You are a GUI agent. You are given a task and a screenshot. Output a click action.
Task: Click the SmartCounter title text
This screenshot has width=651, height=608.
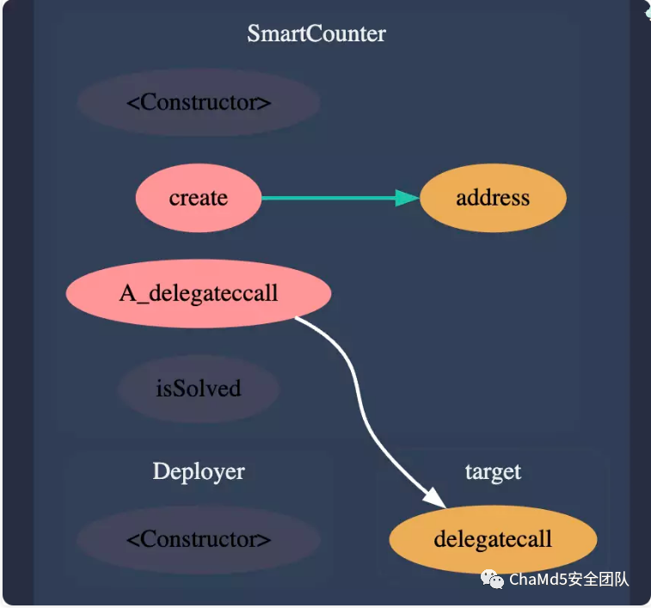pos(316,34)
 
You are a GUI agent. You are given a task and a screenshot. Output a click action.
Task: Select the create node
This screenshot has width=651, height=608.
pos(198,198)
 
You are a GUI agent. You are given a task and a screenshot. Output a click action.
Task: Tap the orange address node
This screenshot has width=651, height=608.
pos(493,198)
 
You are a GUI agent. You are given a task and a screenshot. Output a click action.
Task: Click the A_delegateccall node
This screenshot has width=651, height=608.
pos(199,293)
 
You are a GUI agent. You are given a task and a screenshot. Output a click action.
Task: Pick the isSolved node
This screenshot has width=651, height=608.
pos(199,389)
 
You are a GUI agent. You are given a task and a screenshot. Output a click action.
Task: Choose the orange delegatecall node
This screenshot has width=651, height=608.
pos(493,539)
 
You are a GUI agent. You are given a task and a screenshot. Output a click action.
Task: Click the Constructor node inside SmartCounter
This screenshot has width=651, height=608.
pos(199,102)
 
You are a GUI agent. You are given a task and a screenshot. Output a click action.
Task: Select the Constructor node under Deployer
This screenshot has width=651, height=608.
pos(199,539)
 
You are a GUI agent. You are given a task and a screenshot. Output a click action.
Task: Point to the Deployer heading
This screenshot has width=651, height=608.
pos(199,471)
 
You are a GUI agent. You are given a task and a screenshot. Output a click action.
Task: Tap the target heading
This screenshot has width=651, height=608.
pos(493,472)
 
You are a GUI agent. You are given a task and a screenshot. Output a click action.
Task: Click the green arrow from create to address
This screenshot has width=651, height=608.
pos(327,198)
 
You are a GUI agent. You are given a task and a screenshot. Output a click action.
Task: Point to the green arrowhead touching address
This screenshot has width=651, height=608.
pos(408,198)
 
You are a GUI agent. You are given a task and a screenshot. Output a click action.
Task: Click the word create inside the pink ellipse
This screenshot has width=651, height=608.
pos(198,198)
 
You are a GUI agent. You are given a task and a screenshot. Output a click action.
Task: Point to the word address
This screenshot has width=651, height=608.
pos(493,198)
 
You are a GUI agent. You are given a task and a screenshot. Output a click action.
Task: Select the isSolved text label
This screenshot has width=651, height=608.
pos(199,389)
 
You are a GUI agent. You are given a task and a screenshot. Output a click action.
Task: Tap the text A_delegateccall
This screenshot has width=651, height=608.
pos(199,293)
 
